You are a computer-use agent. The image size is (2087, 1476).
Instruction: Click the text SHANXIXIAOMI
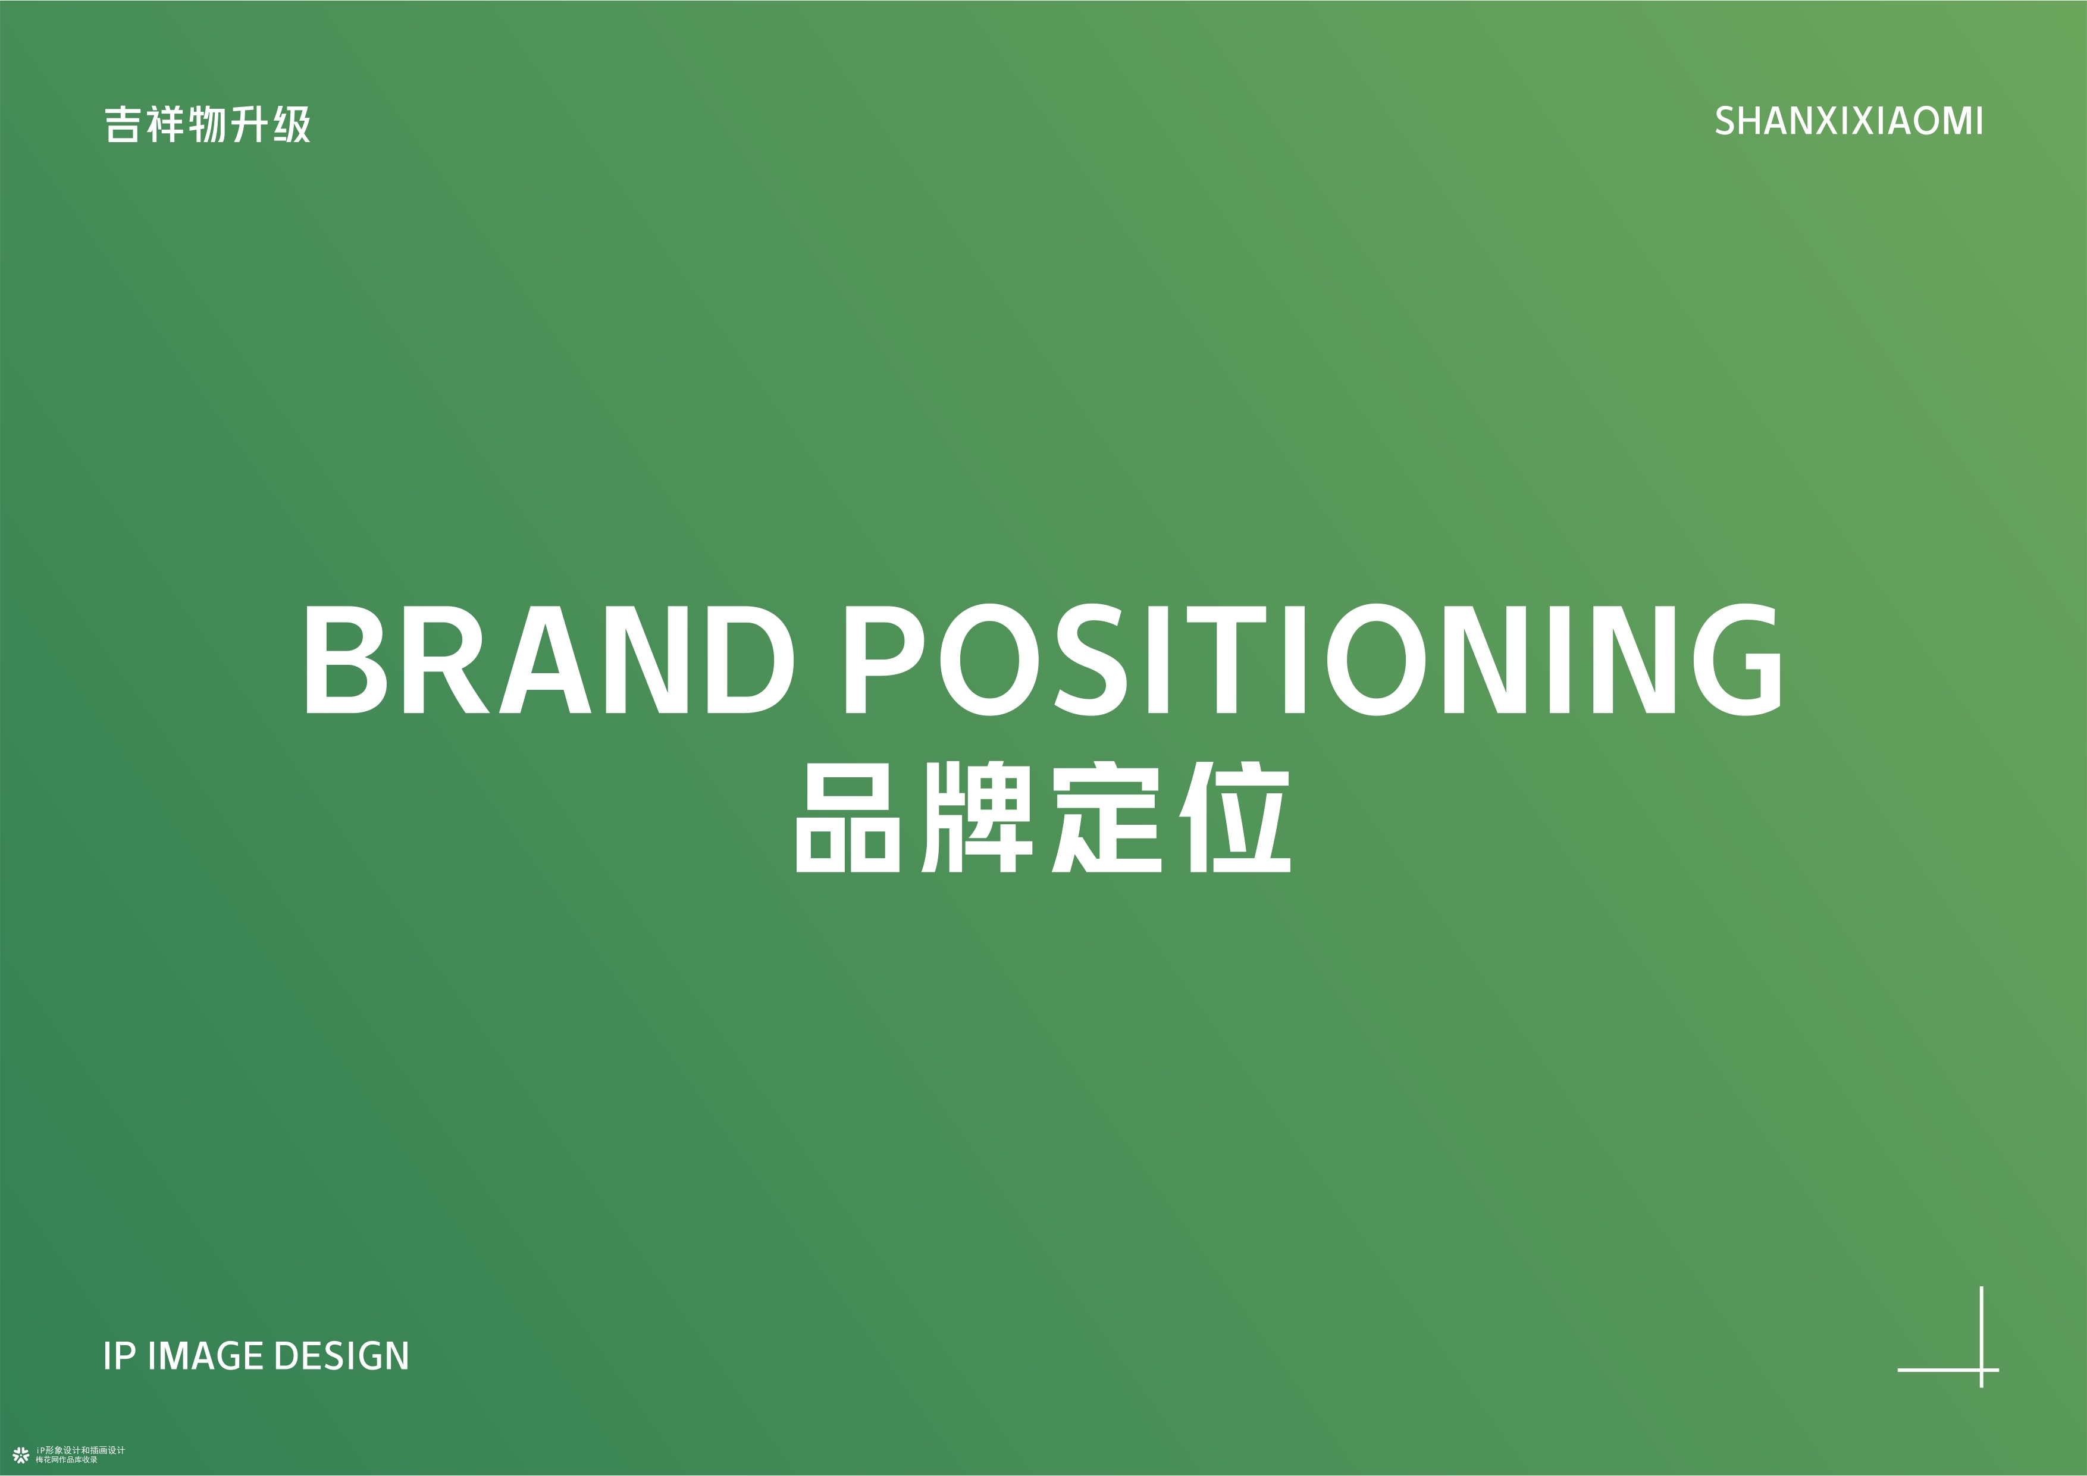click(1849, 122)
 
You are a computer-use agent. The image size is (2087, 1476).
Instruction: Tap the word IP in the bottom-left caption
click(119, 1356)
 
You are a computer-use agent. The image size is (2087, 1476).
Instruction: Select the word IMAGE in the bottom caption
click(206, 1356)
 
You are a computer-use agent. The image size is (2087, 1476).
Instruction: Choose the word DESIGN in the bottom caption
click(341, 1356)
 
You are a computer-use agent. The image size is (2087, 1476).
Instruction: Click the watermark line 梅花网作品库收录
click(67, 1459)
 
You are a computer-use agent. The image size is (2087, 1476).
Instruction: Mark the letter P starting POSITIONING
click(885, 659)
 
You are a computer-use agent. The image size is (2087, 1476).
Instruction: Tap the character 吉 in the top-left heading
click(123, 124)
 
